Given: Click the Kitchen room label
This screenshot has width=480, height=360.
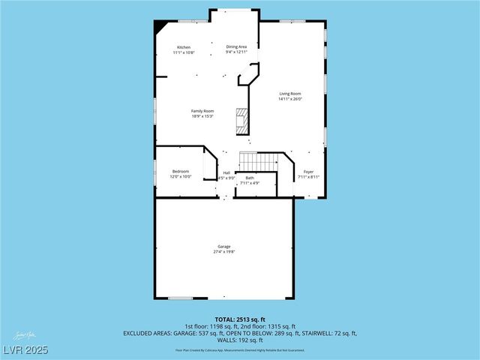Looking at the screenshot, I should [x=184, y=47].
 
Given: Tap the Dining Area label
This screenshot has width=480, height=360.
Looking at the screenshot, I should [x=237, y=46].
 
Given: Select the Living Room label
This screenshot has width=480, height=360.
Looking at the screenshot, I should [x=290, y=94].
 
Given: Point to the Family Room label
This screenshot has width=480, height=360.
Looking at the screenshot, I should [x=202, y=111].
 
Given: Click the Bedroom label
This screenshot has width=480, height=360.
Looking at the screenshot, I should [x=181, y=171].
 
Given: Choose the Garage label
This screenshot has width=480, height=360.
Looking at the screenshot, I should [x=224, y=246].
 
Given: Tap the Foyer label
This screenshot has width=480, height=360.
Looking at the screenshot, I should [x=308, y=172].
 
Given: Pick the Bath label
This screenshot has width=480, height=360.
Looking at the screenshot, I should [x=250, y=178].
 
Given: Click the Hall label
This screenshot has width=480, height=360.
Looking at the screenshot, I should [x=226, y=173].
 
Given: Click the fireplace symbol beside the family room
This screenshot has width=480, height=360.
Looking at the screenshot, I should [x=241, y=121].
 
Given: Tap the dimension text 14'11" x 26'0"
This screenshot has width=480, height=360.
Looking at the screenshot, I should [x=290, y=100].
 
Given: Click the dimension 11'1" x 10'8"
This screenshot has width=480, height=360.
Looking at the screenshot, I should [x=184, y=53].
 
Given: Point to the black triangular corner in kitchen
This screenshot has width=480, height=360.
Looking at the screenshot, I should [x=160, y=25].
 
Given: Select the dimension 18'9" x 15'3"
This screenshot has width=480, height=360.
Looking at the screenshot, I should [x=202, y=116].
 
